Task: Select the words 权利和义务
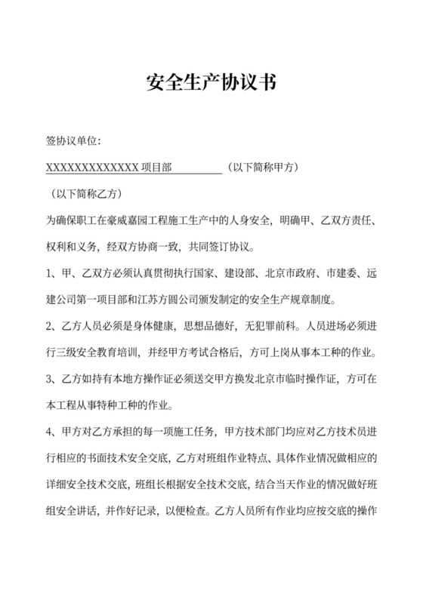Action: [72, 246]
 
